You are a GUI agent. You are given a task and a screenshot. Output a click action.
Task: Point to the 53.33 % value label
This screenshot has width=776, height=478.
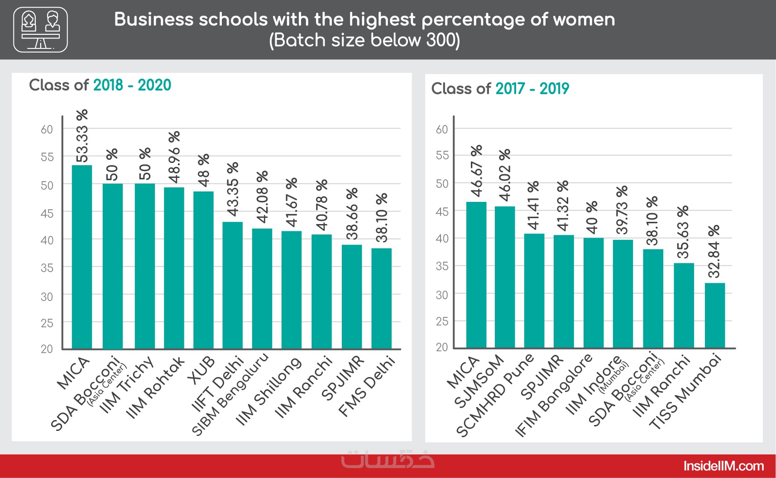coord(82,136)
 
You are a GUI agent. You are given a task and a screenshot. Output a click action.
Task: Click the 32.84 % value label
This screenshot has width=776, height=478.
coord(714,252)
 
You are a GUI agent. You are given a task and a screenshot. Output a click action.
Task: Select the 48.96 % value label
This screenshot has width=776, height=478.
coord(174,157)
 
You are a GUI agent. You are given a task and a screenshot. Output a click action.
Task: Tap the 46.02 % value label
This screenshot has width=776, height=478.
coord(504,175)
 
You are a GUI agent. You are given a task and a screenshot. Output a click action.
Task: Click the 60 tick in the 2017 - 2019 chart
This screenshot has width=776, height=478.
coord(442,129)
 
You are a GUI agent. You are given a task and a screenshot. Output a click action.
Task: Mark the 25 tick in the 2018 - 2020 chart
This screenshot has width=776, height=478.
coord(47,323)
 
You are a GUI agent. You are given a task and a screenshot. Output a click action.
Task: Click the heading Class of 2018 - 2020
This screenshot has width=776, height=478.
coord(100,85)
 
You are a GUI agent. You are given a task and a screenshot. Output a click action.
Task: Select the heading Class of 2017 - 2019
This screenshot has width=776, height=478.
coord(500,89)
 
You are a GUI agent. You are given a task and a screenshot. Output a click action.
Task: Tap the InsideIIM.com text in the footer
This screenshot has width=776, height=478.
coord(723,466)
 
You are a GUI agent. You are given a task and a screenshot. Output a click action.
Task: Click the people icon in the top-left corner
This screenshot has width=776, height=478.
coord(41,29)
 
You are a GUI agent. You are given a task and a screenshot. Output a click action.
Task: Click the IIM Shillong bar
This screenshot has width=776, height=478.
coord(292,290)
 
